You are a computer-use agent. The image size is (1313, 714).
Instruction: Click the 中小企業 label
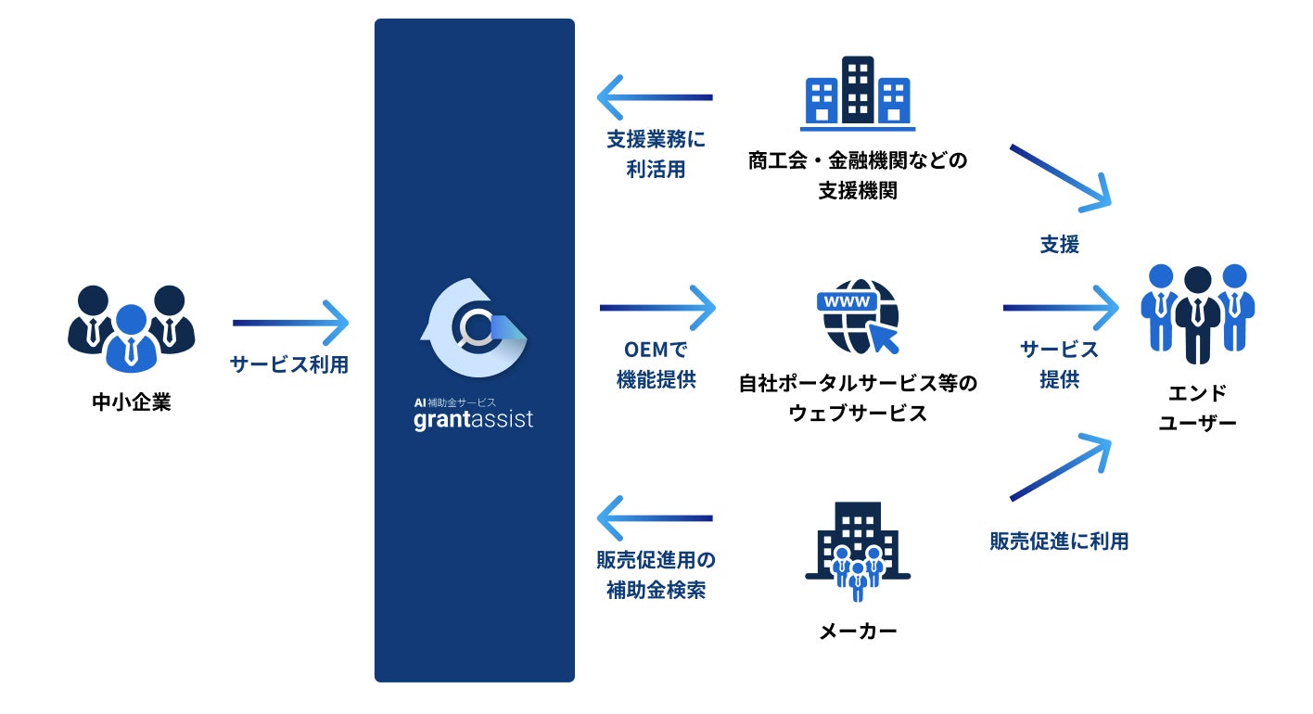coord(132,403)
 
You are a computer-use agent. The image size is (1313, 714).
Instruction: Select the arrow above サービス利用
coord(290,323)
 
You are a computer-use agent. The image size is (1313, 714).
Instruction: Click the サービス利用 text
coord(289,364)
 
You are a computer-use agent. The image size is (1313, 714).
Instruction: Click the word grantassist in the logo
coord(474,419)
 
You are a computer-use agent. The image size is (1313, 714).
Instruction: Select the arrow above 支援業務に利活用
coord(655,97)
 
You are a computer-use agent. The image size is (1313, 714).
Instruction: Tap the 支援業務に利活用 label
coord(656,155)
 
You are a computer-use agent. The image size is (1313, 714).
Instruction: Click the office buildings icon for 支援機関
coord(858,92)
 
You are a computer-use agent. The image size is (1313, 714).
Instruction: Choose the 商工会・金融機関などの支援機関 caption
coord(858,176)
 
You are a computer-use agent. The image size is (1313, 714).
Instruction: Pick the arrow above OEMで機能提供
coord(657,307)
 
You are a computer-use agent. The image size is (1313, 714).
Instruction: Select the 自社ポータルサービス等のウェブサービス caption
coord(858,397)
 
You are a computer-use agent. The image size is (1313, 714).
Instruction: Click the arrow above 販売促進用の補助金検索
coord(655,517)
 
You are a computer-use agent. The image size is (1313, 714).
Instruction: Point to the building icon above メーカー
coord(858,553)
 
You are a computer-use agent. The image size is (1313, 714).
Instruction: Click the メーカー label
coord(858,631)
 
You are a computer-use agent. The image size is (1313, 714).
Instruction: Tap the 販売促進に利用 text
coord(1059,542)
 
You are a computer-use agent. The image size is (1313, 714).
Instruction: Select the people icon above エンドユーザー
coord(1197,312)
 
